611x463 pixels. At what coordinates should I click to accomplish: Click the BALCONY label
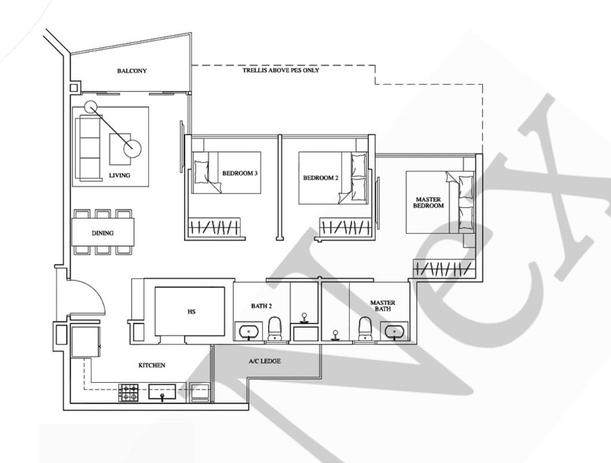click(x=131, y=71)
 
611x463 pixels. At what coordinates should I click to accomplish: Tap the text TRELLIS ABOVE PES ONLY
click(x=281, y=70)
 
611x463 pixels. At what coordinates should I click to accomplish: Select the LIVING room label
click(x=119, y=176)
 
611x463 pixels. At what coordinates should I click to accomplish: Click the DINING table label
click(x=103, y=233)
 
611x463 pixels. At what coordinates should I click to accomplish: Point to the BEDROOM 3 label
click(x=240, y=173)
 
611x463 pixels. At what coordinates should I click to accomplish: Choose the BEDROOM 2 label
click(x=321, y=178)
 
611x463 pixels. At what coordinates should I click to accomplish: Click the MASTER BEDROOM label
click(x=428, y=202)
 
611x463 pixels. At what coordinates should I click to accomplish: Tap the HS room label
click(x=192, y=312)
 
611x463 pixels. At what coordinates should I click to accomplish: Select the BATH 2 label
click(x=261, y=306)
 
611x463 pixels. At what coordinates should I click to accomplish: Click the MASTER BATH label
click(x=383, y=306)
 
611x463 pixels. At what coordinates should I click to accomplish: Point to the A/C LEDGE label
click(x=264, y=361)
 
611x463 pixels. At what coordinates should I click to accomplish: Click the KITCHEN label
click(x=152, y=365)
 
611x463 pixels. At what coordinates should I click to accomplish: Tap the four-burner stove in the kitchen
click(x=128, y=393)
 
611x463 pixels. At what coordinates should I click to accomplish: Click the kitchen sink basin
click(x=162, y=392)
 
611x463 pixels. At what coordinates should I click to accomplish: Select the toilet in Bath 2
click(x=275, y=329)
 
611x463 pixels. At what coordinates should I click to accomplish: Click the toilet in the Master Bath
click(x=365, y=329)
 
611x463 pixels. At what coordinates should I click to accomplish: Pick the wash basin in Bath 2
click(x=249, y=332)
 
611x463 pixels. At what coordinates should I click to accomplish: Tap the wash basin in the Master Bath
click(x=395, y=332)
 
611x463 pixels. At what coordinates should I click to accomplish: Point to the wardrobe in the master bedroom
click(x=445, y=268)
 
